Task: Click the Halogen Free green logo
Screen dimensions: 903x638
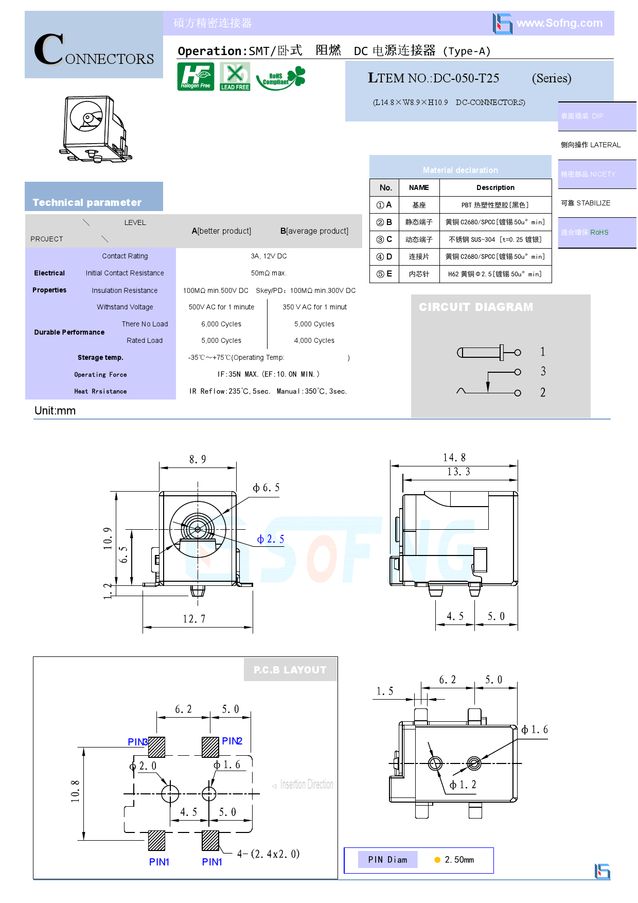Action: pyautogui.click(x=196, y=76)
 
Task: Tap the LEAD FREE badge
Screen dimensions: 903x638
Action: pyautogui.click(x=235, y=76)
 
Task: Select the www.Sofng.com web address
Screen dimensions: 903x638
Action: pyautogui.click(x=559, y=23)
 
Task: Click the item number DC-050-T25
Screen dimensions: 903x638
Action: pyautogui.click(x=466, y=78)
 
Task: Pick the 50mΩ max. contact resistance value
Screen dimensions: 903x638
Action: pyautogui.click(x=269, y=273)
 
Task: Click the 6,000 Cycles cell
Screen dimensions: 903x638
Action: pyautogui.click(x=221, y=324)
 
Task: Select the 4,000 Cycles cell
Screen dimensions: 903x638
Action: pyautogui.click(x=314, y=340)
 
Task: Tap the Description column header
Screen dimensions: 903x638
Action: pyautogui.click(x=495, y=187)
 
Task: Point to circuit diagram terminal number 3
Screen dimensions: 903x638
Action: pyautogui.click(x=543, y=371)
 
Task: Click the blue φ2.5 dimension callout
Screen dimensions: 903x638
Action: pyautogui.click(x=271, y=539)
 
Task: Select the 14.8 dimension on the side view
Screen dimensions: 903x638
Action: pyautogui.click(x=454, y=458)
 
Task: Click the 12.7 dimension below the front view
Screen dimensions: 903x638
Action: pyautogui.click(x=194, y=619)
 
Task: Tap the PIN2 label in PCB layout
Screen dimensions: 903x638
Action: pyautogui.click(x=232, y=741)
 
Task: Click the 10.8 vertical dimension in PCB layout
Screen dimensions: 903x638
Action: pyautogui.click(x=75, y=791)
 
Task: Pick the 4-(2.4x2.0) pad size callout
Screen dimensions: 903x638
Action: pyautogui.click(x=268, y=854)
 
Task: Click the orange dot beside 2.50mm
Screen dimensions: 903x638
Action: pyautogui.click(x=437, y=860)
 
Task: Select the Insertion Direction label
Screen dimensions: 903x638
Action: pyautogui.click(x=306, y=785)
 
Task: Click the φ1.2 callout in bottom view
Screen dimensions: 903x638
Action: pyautogui.click(x=463, y=785)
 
